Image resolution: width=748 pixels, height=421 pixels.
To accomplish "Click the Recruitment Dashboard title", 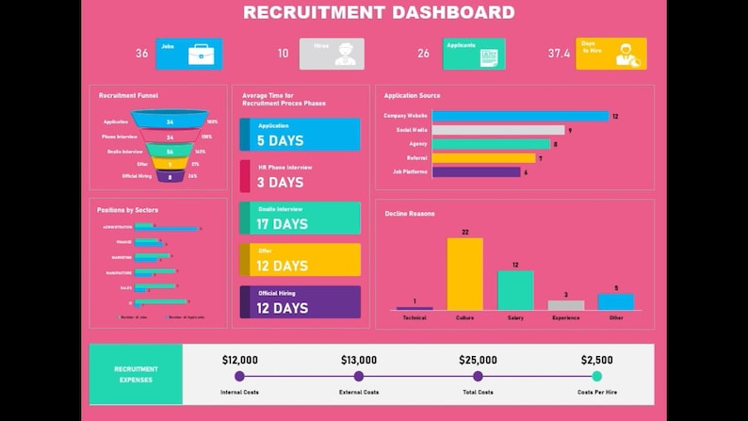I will point(379,12).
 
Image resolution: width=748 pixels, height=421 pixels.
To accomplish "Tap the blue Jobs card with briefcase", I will point(189,54).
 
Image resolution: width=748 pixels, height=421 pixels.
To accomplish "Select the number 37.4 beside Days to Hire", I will point(559,54).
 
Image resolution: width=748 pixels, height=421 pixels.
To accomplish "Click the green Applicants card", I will point(474,54).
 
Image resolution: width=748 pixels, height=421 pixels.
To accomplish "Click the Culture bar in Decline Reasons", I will point(464,273).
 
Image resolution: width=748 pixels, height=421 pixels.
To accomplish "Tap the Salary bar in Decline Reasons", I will point(515,290).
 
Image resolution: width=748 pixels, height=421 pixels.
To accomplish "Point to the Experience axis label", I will point(566,318).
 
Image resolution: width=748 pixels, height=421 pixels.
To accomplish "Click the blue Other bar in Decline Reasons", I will point(616,301).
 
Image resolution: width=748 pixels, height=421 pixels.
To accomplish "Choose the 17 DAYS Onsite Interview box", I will point(300,219).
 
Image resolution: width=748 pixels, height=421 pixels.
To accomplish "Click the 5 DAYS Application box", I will point(300,135).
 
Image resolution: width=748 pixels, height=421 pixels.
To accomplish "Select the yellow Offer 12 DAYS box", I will point(300,260).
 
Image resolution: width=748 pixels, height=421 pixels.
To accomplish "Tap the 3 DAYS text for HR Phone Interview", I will point(280,183).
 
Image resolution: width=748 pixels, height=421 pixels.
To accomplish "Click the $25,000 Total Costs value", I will point(477,360).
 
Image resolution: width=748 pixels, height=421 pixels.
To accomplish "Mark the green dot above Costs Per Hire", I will point(597,376).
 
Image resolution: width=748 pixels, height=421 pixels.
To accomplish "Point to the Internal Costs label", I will point(239,392).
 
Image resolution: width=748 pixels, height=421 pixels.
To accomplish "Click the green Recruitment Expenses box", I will point(136,374).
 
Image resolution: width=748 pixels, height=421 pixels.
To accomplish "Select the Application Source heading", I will point(412,96).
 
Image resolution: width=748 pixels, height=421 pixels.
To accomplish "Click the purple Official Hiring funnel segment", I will point(170,176).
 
